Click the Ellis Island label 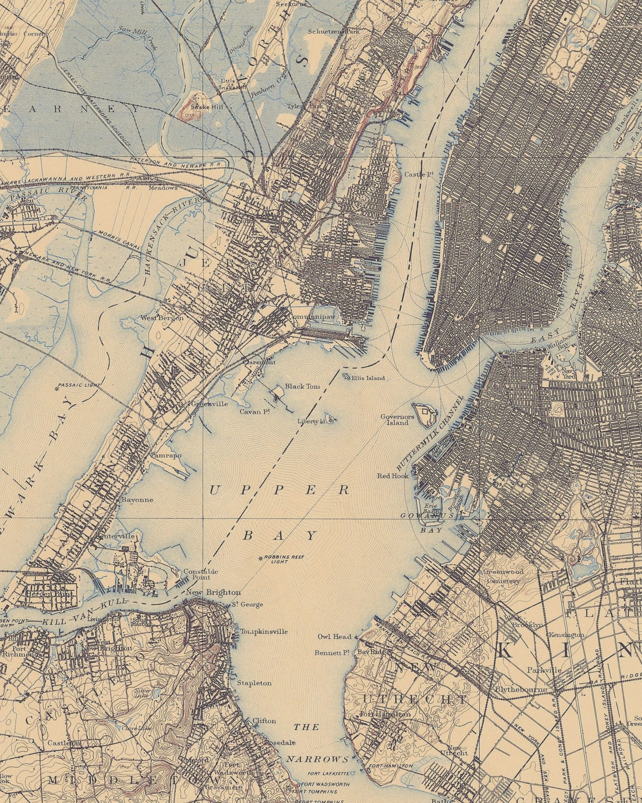(367, 378)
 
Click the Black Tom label (302, 387)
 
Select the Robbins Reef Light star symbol (261, 558)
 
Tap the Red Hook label (393, 475)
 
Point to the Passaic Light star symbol (56, 389)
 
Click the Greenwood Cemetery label (503, 576)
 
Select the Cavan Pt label (255, 412)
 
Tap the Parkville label (544, 670)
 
